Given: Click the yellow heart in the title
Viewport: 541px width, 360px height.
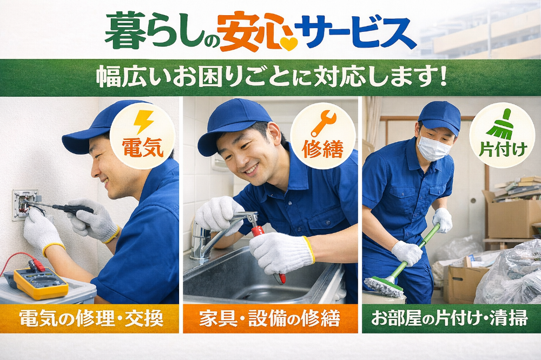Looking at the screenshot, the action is click(288, 43).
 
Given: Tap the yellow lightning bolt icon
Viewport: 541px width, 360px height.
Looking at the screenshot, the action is click(143, 122).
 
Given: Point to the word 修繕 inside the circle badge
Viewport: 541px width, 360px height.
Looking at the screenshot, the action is click(322, 149).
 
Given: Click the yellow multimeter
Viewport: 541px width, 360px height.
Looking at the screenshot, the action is click(41, 282).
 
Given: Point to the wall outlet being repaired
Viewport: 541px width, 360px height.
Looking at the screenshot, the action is click(24, 204).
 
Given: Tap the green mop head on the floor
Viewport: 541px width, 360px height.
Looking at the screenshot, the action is click(384, 286).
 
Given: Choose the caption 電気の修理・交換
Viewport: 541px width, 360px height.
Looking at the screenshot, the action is click(91, 318).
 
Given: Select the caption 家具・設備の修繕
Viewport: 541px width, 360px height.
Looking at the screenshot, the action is click(270, 318).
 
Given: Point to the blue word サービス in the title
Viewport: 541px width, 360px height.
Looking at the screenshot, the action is click(358, 32).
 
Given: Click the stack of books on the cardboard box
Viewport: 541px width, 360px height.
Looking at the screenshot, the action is click(518, 189).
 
